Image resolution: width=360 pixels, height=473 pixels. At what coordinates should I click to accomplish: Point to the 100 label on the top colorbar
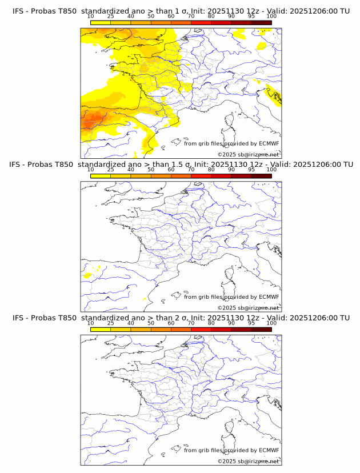coord(271,17)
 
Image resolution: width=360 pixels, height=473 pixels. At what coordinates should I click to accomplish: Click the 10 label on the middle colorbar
coord(90,170)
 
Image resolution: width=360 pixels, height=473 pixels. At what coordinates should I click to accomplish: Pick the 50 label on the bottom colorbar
coord(151,323)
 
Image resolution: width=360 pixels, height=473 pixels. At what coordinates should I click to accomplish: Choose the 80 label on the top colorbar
coord(211,17)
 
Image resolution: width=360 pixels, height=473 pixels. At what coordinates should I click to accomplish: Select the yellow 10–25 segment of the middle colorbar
coord(101,176)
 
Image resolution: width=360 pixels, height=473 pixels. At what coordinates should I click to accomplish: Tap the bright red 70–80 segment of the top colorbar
coord(201,22)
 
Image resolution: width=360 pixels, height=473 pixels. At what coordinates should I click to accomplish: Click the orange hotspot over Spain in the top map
coord(91,121)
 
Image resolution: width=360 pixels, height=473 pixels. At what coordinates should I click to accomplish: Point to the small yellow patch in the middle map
coord(87,275)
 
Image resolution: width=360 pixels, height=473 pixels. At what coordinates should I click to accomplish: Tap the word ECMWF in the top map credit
coord(269,143)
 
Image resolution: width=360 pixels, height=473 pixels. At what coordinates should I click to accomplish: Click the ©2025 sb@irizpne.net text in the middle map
coord(248,307)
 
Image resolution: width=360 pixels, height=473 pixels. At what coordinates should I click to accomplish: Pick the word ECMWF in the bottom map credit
coord(269,450)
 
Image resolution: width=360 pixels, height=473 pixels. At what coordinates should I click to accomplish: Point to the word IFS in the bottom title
coord(19,318)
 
